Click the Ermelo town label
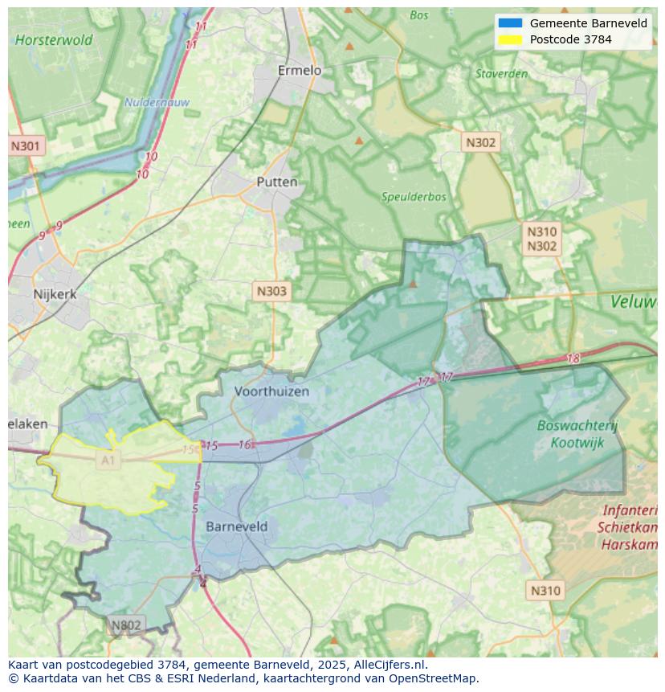pyautogui.click(x=299, y=71)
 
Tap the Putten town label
pyautogui.click(x=276, y=182)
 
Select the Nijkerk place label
pyautogui.click(x=55, y=294)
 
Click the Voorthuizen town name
pyautogui.click(x=271, y=391)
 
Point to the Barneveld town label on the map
pyautogui.click(x=237, y=526)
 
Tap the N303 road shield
pyautogui.click(x=271, y=291)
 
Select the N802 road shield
pyautogui.click(x=125, y=624)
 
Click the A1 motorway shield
pyautogui.click(x=108, y=460)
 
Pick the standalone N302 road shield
pyautogui.click(x=480, y=142)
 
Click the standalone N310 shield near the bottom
pyautogui.click(x=545, y=591)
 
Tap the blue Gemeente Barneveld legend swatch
pyautogui.click(x=509, y=23)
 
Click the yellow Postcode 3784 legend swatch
pyautogui.click(x=509, y=39)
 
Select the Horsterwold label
pyautogui.click(x=54, y=39)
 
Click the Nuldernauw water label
pyautogui.click(x=156, y=102)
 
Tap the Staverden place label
pyautogui.click(x=501, y=74)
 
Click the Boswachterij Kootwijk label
pyautogui.click(x=577, y=434)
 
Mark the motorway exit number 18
pyautogui.click(x=573, y=359)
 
